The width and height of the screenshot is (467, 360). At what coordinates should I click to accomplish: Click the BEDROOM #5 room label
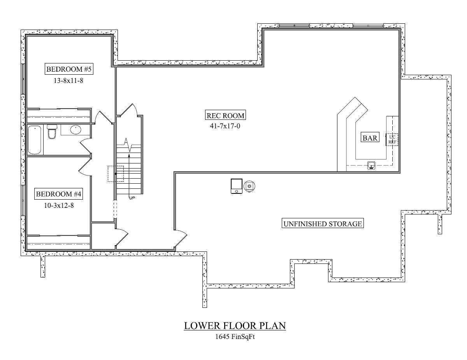[69, 69]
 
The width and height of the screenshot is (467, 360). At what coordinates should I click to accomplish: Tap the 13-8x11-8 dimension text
[68, 81]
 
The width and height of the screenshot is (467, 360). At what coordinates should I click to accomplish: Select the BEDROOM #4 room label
[58, 194]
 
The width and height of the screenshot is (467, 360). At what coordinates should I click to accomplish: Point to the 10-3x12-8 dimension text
[59, 205]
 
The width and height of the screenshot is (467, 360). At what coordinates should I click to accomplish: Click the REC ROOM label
[225, 116]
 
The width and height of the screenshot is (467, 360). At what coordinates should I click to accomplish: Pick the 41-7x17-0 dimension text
[225, 126]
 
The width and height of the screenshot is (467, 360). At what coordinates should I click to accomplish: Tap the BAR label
[370, 137]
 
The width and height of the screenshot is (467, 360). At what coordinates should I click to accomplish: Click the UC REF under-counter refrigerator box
[392, 139]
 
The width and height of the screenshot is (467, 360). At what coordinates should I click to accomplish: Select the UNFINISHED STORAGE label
[323, 224]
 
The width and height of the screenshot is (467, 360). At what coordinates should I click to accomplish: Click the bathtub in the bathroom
[35, 140]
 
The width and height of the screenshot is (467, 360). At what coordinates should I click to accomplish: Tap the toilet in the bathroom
[52, 131]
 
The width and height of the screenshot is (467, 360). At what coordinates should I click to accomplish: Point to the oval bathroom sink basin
[75, 130]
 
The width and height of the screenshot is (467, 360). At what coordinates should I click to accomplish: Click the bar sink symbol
[371, 165]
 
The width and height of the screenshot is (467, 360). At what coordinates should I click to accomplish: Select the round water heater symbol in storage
[249, 186]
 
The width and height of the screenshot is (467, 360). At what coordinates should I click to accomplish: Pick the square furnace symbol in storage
[236, 186]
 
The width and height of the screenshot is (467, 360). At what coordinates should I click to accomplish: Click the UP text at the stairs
[132, 198]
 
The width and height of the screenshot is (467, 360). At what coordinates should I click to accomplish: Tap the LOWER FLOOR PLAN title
[235, 326]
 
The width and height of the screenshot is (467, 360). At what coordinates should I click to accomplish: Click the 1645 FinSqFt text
[235, 336]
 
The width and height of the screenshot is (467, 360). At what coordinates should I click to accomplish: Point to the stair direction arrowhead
[129, 156]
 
